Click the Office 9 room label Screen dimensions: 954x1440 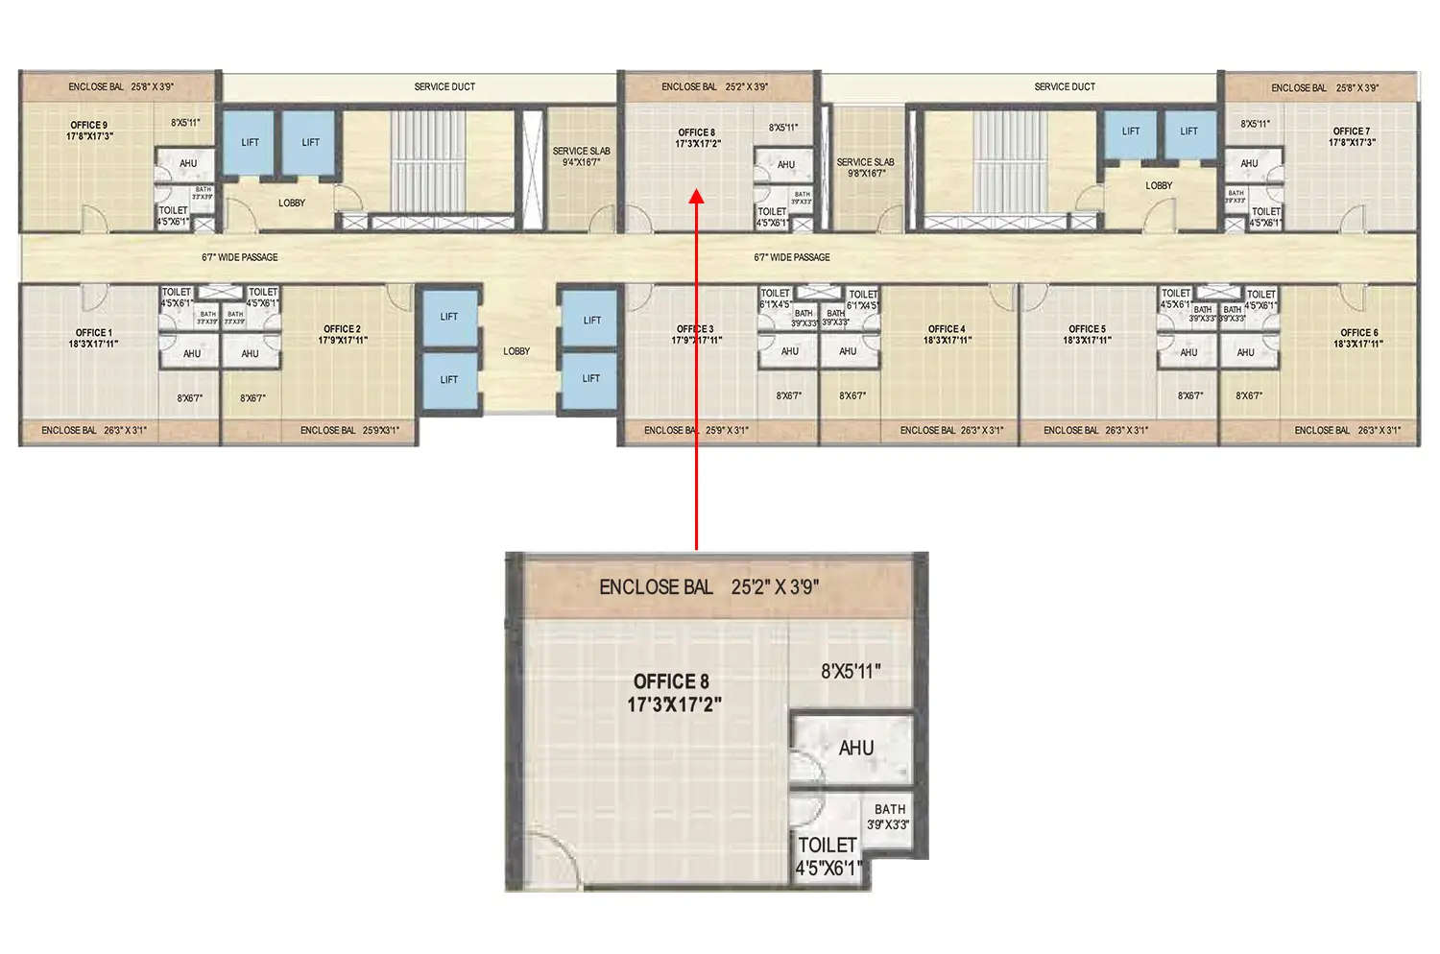pos(89,131)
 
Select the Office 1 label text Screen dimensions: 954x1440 pos(93,338)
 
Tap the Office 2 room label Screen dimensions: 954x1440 pos(342,334)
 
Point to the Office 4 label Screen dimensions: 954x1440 pos(947,334)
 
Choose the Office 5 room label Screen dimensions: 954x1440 pos(1087,334)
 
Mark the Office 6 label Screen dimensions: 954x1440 pos(1358,338)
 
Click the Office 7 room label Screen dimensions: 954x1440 pos(1352,136)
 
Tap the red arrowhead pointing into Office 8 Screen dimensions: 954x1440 pos(697,196)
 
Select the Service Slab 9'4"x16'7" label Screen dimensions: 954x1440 pos(581,156)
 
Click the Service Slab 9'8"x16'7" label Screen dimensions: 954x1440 pos(865,168)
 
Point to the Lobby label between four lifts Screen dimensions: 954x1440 pos(516,351)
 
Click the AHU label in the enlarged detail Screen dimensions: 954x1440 pos(855,749)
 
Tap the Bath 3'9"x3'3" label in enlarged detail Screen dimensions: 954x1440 pos(889,817)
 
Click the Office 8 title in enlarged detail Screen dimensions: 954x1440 pos(672,692)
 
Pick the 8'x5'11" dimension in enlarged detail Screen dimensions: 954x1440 pos(850,672)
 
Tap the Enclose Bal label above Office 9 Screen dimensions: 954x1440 pos(120,86)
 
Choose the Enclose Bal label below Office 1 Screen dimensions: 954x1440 pos(93,430)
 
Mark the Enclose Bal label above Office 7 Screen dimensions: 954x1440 pos(1324,87)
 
